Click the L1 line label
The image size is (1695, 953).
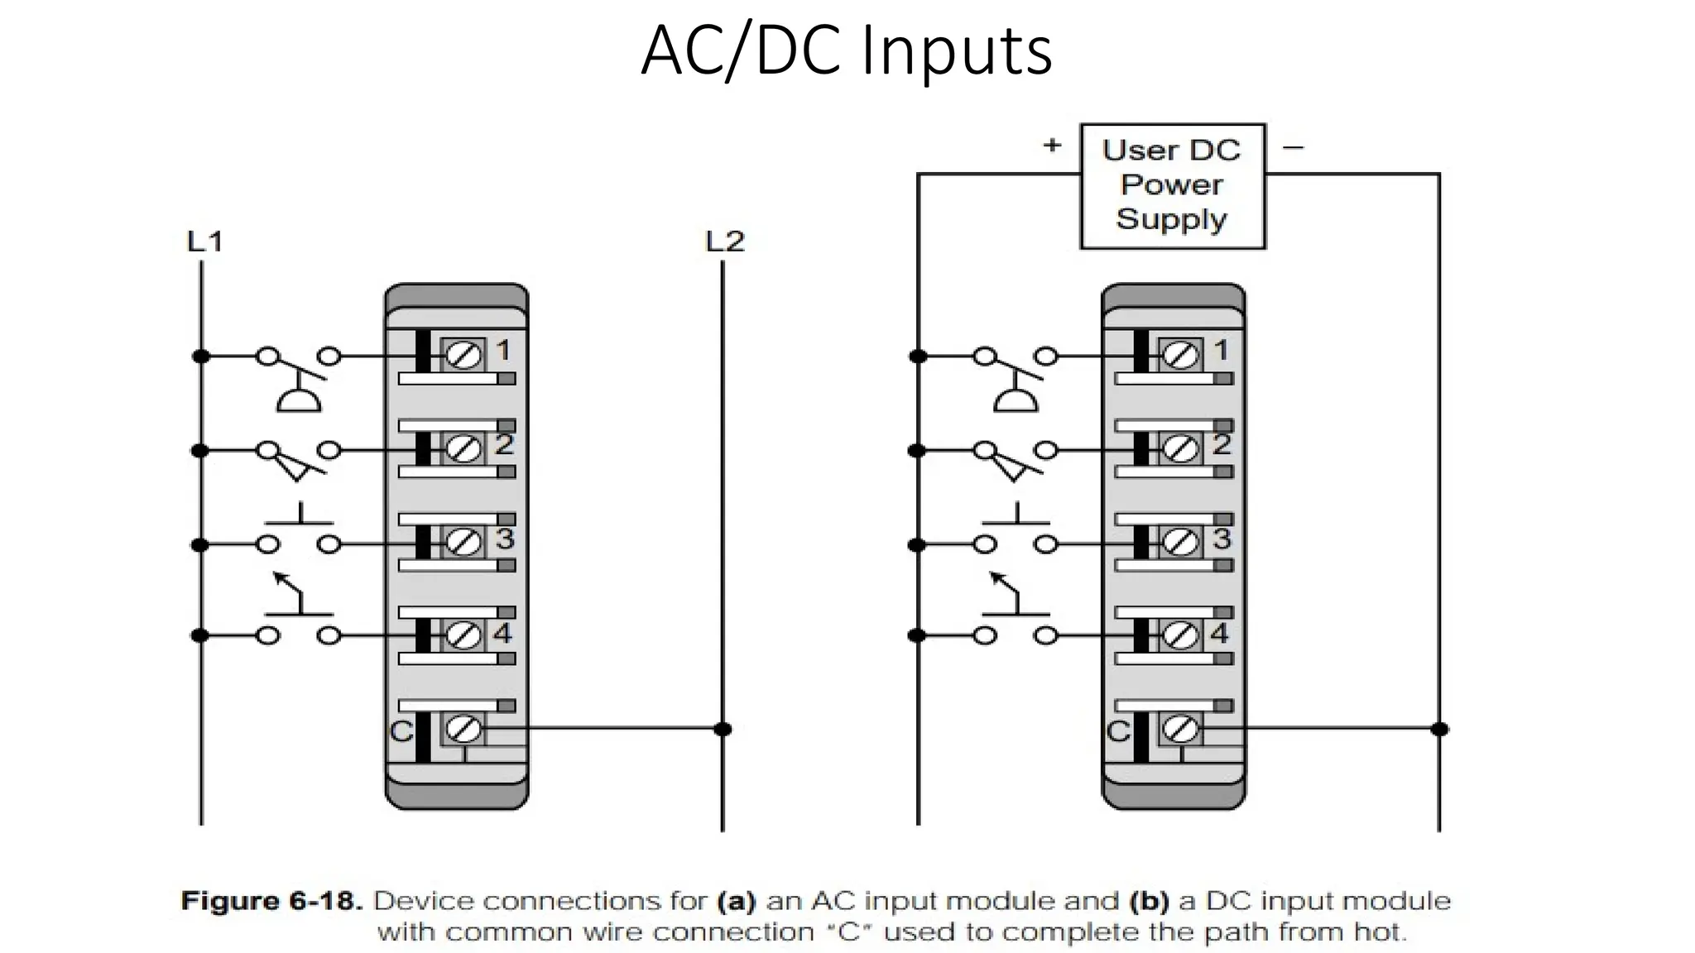204,242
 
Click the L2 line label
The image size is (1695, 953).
724,242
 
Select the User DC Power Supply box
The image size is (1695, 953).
1172,185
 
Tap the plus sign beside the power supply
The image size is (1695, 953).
1051,146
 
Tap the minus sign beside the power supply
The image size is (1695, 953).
1293,148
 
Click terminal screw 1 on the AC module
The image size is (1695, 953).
463,356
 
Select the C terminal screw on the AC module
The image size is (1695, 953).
463,729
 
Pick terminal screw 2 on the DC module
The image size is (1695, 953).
1180,449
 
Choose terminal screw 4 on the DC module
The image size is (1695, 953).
1180,635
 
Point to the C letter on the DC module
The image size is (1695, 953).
1118,731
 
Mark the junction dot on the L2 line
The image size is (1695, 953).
723,729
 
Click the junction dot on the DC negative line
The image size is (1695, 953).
1439,729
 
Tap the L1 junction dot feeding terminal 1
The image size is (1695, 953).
201,357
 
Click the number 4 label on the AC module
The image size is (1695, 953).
502,634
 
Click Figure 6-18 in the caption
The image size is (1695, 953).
271,901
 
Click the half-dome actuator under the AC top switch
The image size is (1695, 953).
298,401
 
